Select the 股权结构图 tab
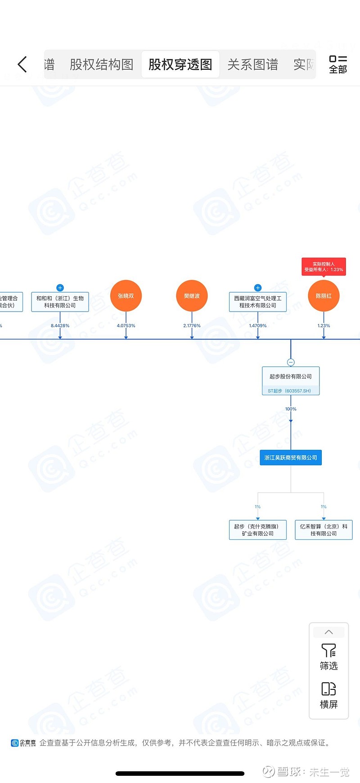click(x=101, y=64)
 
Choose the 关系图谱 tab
click(x=252, y=64)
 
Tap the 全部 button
click(x=338, y=64)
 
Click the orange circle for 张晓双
click(x=126, y=296)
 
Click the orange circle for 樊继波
click(x=192, y=296)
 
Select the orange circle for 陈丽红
click(x=324, y=296)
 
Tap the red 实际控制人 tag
click(x=324, y=267)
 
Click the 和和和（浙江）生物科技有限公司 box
click(x=60, y=302)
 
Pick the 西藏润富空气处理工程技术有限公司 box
click(x=258, y=302)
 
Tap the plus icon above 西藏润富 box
click(x=258, y=288)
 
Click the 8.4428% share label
click(x=60, y=326)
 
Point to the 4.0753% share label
click(x=126, y=326)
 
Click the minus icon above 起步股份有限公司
click(x=291, y=362)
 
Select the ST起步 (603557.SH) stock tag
click(x=289, y=391)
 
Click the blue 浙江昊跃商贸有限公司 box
click(x=291, y=457)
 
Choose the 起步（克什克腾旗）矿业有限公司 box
click(x=258, y=530)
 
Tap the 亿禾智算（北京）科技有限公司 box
click(x=324, y=530)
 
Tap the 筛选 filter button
click(x=329, y=657)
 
